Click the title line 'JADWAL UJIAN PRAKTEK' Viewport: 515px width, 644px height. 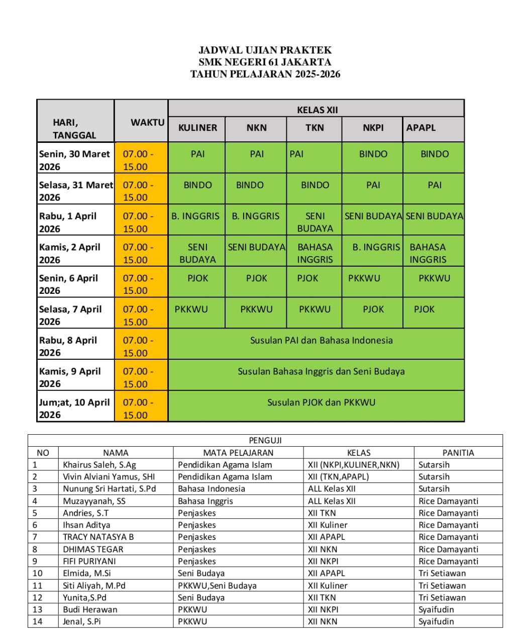(x=265, y=50)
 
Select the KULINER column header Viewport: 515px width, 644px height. (x=197, y=128)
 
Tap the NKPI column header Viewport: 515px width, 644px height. (x=373, y=128)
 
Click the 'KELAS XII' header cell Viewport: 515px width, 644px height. (x=317, y=110)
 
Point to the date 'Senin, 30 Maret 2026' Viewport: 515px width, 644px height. (x=74, y=160)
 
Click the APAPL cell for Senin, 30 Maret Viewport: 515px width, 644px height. (x=434, y=154)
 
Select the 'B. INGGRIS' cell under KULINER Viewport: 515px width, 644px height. (x=195, y=216)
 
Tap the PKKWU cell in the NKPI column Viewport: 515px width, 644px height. (x=364, y=278)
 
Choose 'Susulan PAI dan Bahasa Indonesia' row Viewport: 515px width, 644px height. (x=321, y=341)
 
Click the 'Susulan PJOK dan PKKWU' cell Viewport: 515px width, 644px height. (x=321, y=403)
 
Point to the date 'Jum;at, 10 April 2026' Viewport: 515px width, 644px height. (x=74, y=408)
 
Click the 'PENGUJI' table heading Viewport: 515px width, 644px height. (x=265, y=440)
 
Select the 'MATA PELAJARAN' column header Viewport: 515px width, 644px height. (x=238, y=453)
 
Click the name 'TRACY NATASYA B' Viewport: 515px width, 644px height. (x=98, y=537)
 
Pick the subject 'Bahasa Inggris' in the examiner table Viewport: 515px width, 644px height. (x=205, y=501)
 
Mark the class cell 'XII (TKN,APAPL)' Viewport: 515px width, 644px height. (x=338, y=477)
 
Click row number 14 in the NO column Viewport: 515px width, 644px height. (x=38, y=621)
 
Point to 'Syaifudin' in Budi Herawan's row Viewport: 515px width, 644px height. (x=436, y=609)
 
